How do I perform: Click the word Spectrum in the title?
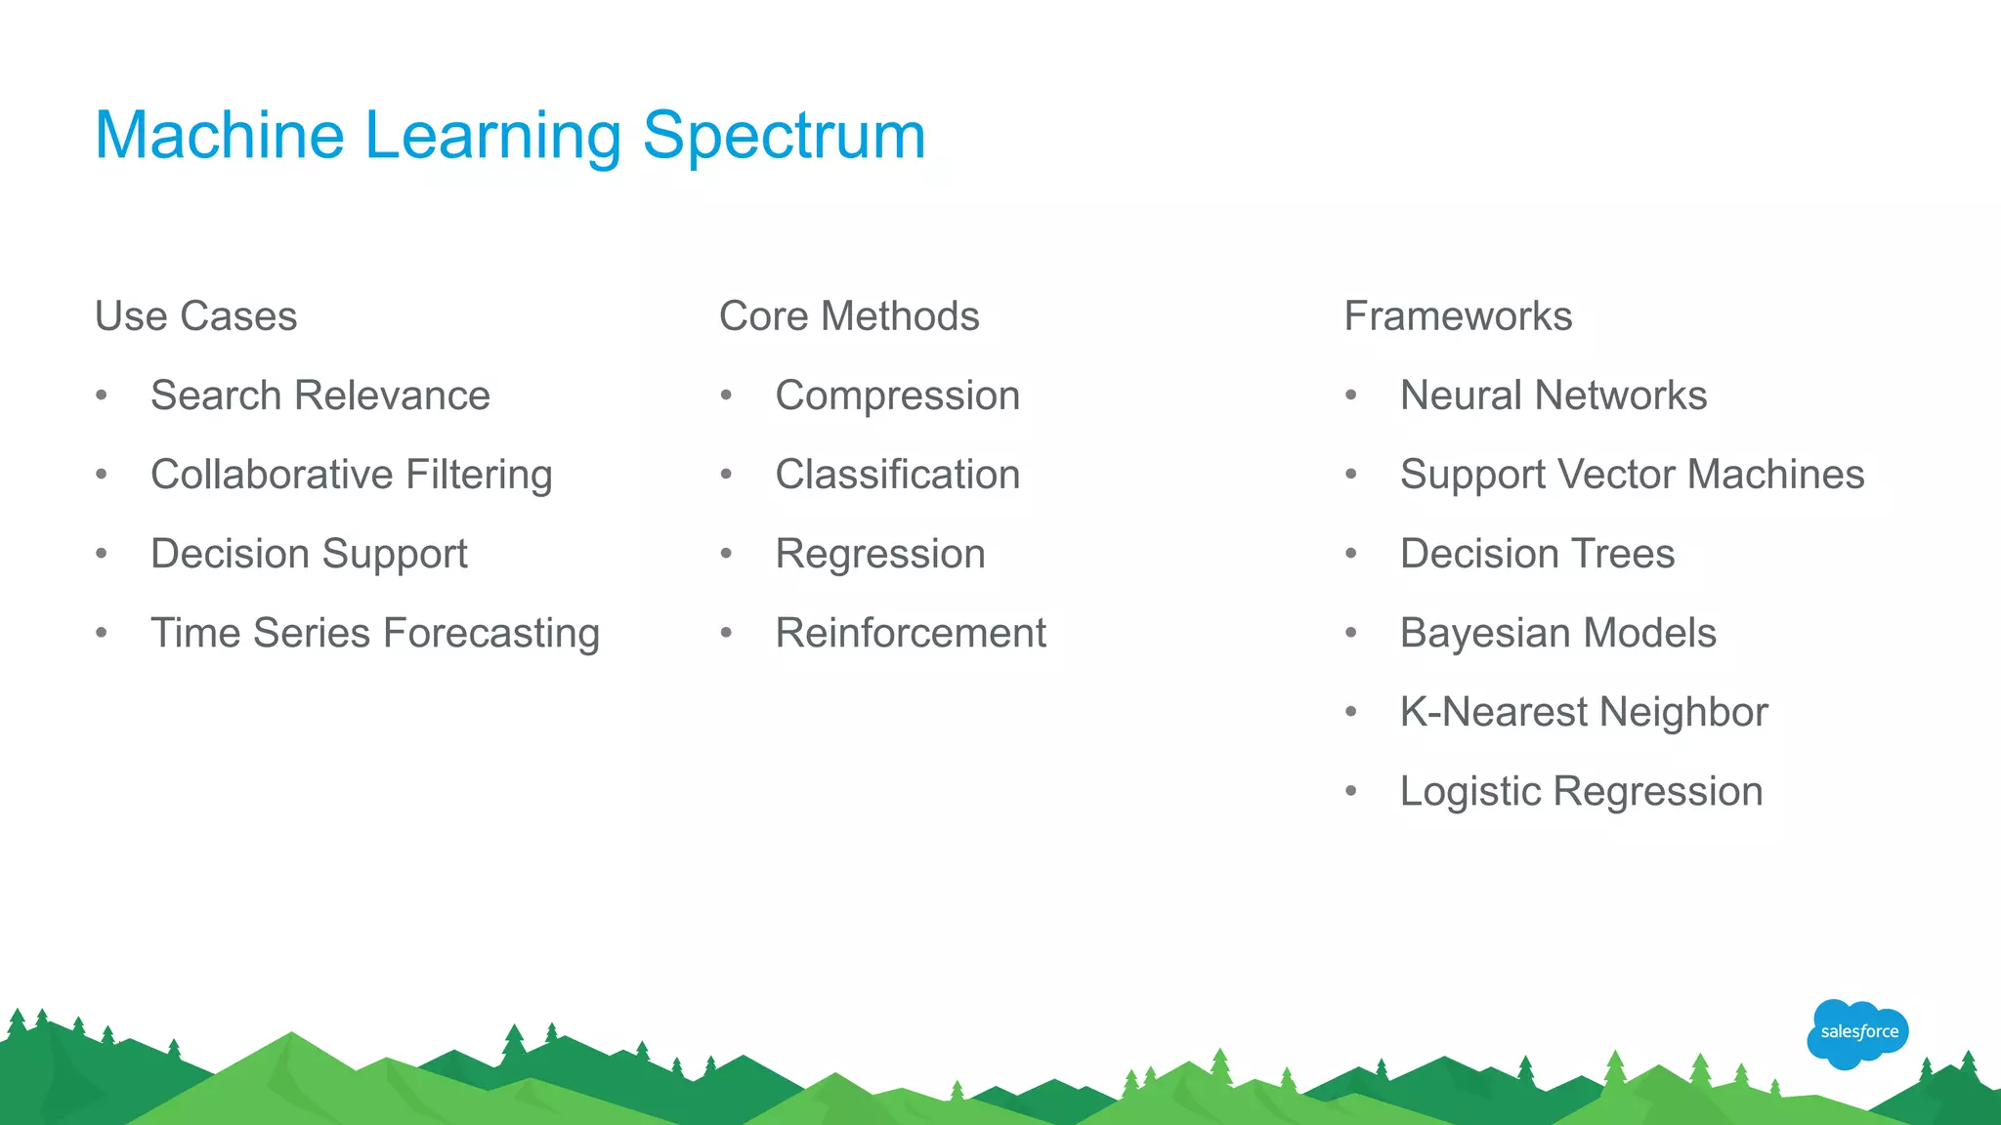point(784,135)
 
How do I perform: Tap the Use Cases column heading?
point(195,316)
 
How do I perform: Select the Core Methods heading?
point(848,316)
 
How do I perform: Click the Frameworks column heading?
point(1458,316)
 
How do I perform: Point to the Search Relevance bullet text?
point(319,396)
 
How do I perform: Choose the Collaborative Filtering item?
point(351,475)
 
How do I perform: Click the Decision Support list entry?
point(309,554)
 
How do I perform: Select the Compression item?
point(897,396)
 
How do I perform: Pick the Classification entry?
point(897,475)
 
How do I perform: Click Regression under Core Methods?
point(879,554)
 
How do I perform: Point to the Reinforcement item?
point(910,633)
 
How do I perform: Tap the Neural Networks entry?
point(1553,396)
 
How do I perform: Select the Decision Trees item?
point(1537,554)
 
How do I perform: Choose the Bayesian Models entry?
point(1557,633)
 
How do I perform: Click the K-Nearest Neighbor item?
point(1583,712)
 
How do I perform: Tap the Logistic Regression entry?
point(1581,791)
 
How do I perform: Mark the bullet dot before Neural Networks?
point(1350,396)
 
